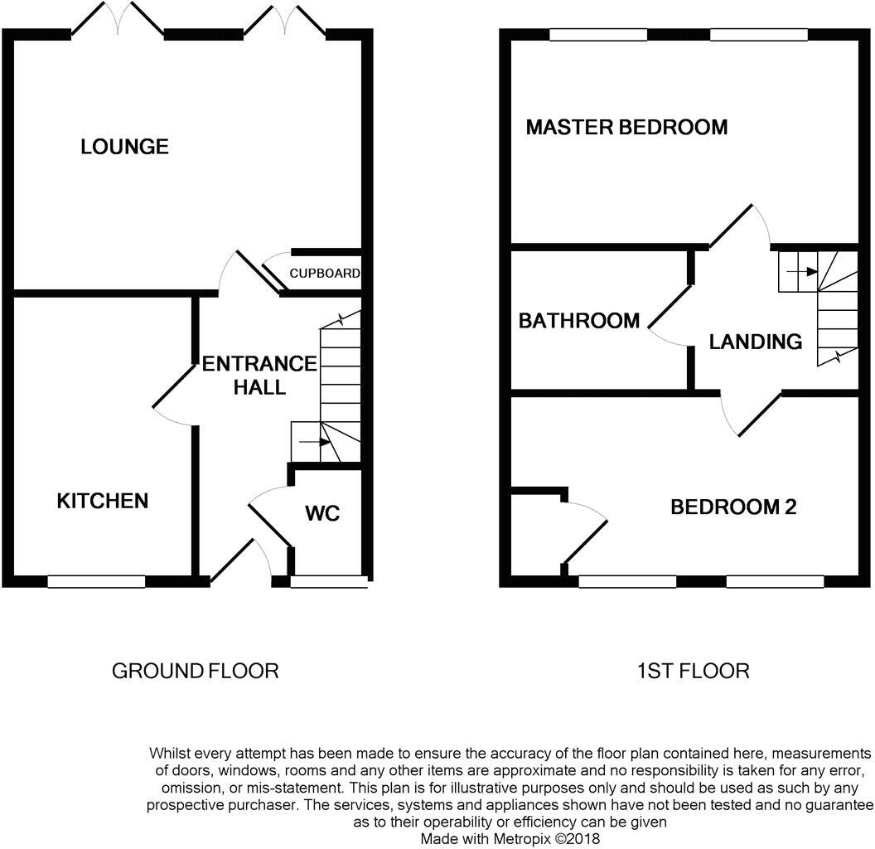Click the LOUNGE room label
[x=124, y=147]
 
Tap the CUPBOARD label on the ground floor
[x=325, y=273]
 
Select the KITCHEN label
[x=102, y=501]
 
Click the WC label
[x=322, y=513]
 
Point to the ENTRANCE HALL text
[x=259, y=375]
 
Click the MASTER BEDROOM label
[x=626, y=127]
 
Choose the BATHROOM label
[x=578, y=320]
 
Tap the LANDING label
[x=755, y=341]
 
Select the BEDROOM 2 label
[x=732, y=507]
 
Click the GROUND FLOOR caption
[x=195, y=671]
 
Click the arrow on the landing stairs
[x=799, y=271]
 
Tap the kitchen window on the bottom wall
[x=96, y=582]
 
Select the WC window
[x=329, y=582]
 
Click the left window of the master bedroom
[x=598, y=35]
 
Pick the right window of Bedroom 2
[x=775, y=582]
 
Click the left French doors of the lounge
[x=118, y=20]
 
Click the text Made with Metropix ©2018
[x=510, y=839]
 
